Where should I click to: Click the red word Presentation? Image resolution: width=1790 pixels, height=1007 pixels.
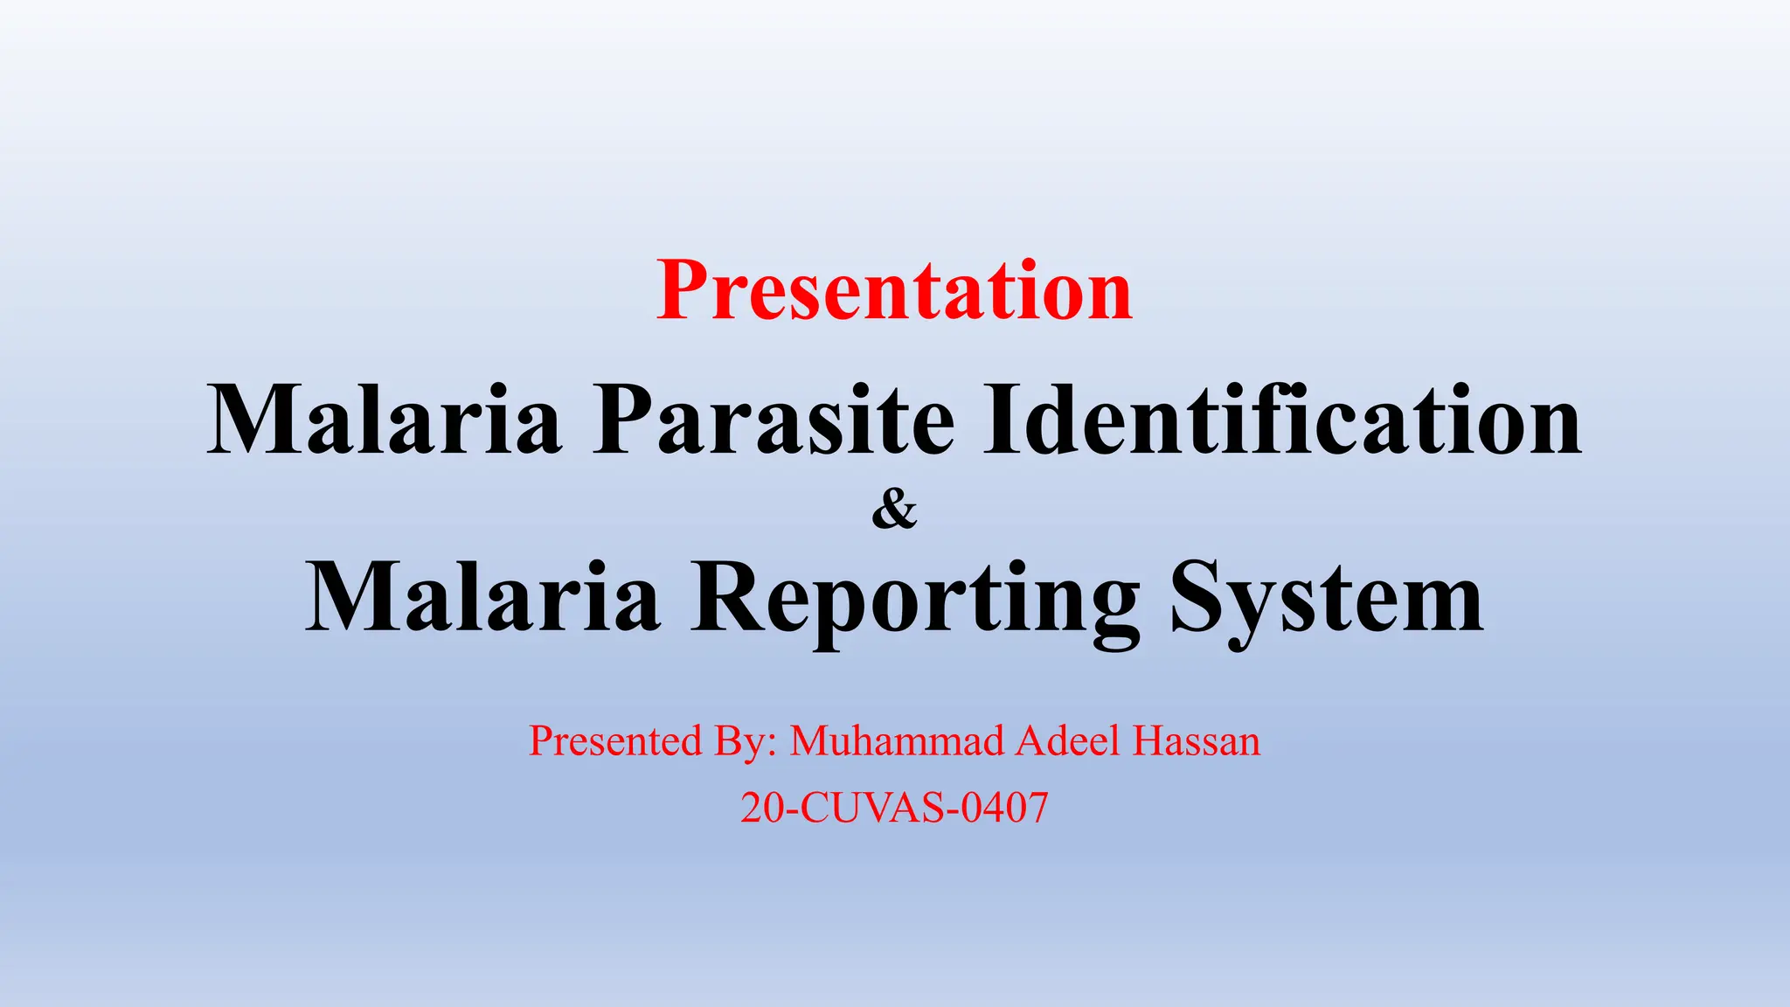894,291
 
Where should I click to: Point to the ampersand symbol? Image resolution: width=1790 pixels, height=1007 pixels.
894,510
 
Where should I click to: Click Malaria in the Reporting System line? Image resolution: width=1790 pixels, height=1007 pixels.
482,599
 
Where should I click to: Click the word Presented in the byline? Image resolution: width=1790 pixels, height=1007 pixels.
616,741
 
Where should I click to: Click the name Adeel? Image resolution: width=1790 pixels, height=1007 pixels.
1067,741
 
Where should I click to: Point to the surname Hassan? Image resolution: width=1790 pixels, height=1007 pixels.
1197,741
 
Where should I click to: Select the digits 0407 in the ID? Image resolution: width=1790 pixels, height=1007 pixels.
1004,808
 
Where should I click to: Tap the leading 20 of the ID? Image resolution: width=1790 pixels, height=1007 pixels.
762,808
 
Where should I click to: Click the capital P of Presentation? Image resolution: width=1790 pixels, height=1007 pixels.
683,291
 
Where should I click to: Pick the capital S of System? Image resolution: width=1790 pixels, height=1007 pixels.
1197,599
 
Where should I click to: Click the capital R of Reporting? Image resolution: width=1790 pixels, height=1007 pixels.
723,599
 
